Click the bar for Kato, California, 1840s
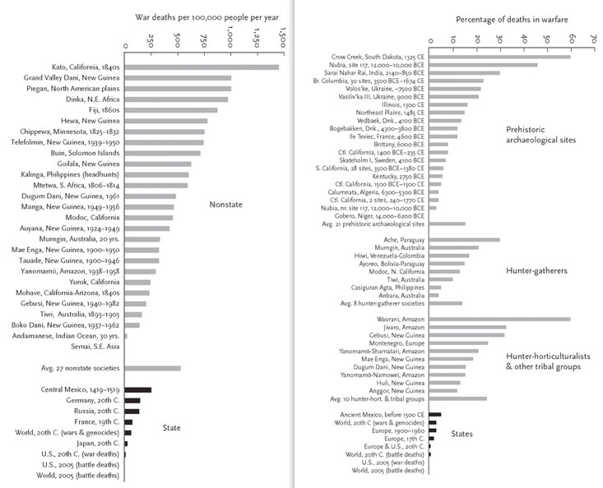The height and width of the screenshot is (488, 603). (202, 67)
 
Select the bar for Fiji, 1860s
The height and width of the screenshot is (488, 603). (171, 109)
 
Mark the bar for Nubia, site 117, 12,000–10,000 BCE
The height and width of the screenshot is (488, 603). (483, 65)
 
